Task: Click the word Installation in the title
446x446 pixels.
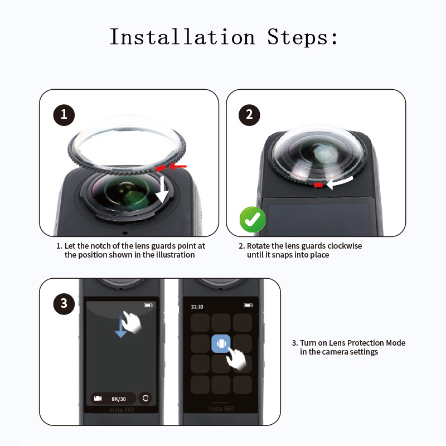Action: [x=182, y=37]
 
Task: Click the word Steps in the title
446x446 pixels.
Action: [x=302, y=37]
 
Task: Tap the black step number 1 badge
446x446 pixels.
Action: [x=64, y=115]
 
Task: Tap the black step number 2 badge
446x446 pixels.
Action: [x=249, y=115]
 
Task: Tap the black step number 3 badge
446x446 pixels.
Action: [x=64, y=303]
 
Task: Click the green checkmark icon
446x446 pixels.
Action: [x=253, y=220]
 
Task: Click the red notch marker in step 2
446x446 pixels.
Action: [x=318, y=184]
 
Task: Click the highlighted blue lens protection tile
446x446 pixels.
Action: [x=221, y=344]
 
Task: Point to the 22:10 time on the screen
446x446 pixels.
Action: [x=197, y=306]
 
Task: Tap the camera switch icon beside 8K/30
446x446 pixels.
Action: [x=146, y=398]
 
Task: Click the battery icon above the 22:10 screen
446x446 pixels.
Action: [x=248, y=306]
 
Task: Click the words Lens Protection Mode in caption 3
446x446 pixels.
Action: [x=367, y=343]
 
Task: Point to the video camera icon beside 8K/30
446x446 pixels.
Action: [x=99, y=398]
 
